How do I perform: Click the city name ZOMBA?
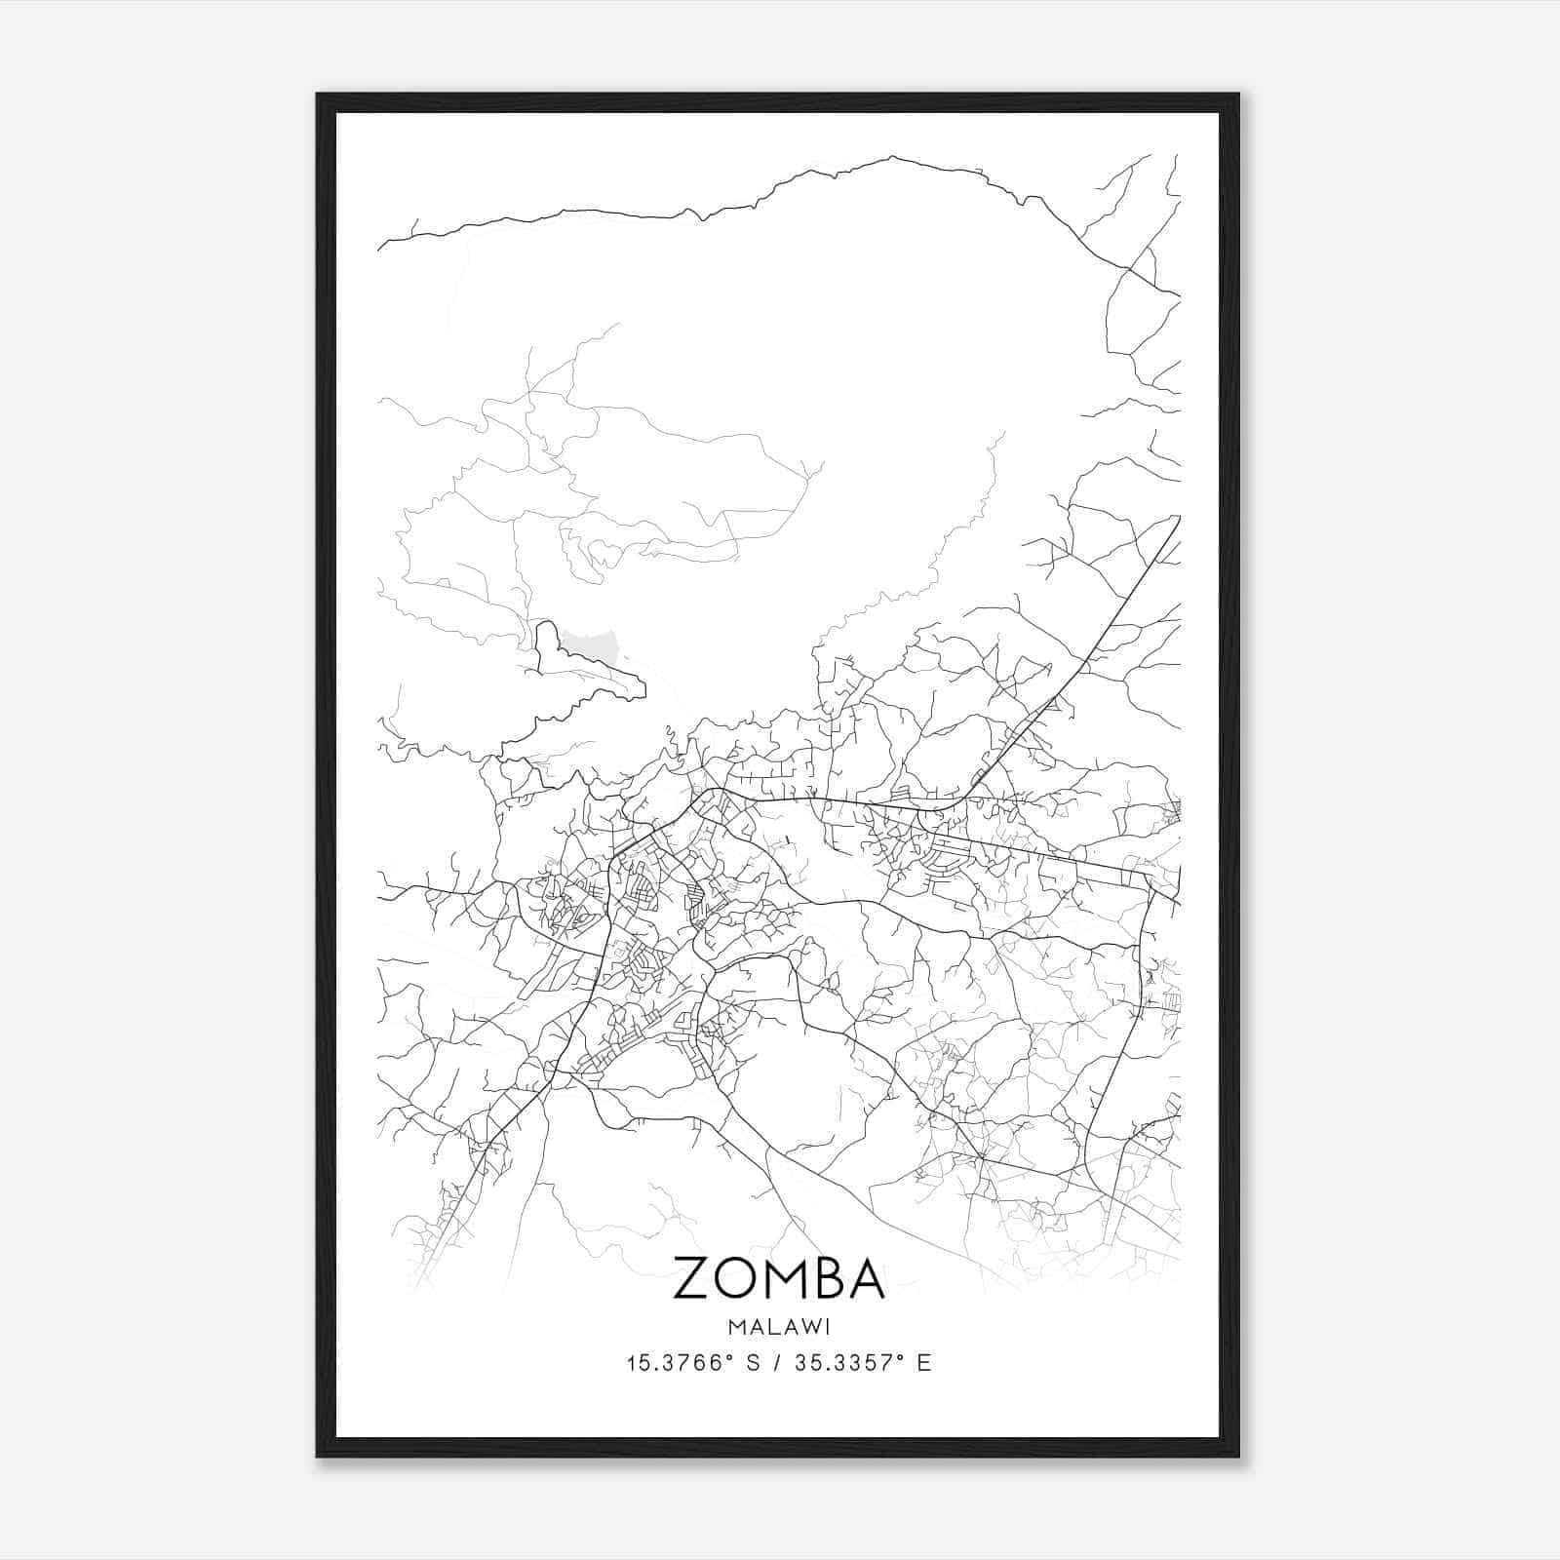778,1278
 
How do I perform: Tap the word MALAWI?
778,1326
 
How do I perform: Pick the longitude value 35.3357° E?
863,1363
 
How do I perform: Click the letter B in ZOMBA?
827,1278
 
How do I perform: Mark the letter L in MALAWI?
766,1326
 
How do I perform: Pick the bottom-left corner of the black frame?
318,1456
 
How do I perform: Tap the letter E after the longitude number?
924,1363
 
